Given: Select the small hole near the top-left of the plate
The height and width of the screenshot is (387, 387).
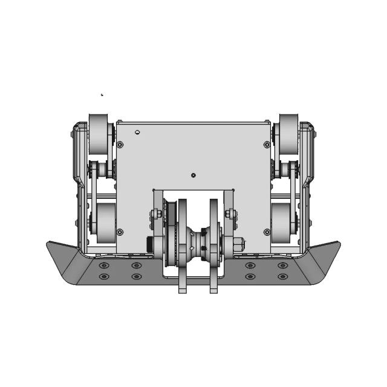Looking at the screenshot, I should (x=138, y=132).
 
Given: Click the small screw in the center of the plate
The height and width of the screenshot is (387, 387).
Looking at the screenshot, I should (x=193, y=175).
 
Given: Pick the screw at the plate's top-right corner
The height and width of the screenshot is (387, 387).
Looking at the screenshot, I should (x=267, y=145).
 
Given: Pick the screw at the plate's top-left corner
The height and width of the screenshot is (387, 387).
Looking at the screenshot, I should (x=120, y=145).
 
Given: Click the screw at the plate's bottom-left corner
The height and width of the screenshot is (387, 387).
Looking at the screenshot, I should (x=120, y=232).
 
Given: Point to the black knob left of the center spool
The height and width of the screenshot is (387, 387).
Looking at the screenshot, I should (x=149, y=245).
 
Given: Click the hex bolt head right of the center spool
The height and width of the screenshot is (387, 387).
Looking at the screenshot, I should (x=238, y=245).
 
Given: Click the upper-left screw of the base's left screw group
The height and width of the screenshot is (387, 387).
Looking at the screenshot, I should (x=104, y=265).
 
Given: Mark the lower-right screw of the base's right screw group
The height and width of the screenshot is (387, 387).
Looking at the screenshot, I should (x=282, y=277).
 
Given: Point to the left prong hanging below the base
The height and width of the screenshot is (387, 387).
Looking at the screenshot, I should (x=182, y=284).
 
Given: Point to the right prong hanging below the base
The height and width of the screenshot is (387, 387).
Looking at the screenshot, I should (x=213, y=284).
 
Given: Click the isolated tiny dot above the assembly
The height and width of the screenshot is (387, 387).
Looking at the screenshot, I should (x=102, y=94).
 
